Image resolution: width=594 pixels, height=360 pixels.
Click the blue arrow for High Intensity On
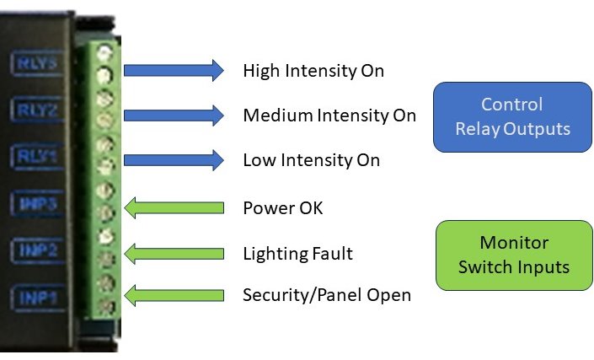click(174, 70)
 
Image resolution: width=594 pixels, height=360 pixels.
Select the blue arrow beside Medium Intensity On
click(174, 115)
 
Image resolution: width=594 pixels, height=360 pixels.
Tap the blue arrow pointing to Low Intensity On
click(174, 159)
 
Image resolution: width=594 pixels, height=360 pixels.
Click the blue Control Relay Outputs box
click(512, 116)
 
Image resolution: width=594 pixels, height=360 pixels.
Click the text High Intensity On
click(313, 70)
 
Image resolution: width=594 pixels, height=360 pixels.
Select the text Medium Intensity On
click(329, 116)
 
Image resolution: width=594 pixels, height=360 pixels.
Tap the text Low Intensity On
click(311, 160)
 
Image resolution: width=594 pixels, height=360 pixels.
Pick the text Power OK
click(282, 207)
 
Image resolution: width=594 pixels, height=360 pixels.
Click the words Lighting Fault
click(297, 253)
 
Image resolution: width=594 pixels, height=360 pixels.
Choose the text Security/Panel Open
click(326, 295)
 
